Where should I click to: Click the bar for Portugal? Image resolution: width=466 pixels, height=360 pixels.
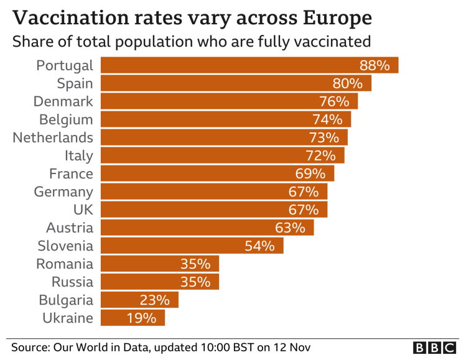click(249, 65)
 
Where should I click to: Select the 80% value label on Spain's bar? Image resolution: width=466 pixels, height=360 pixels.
click(347, 83)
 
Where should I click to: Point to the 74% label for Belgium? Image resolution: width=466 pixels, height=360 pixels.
click(327, 119)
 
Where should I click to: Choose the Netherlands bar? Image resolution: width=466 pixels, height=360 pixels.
click(223, 137)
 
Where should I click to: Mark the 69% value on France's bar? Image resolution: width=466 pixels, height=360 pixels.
click(310, 173)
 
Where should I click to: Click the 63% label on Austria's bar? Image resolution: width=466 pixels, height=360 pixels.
click(289, 228)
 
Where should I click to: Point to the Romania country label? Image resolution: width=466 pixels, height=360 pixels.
click(65, 264)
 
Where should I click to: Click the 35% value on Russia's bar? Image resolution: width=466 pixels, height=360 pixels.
click(195, 282)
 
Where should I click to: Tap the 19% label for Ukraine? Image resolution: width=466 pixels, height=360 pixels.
click(141, 318)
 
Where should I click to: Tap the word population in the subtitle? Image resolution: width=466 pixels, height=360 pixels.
click(174, 42)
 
